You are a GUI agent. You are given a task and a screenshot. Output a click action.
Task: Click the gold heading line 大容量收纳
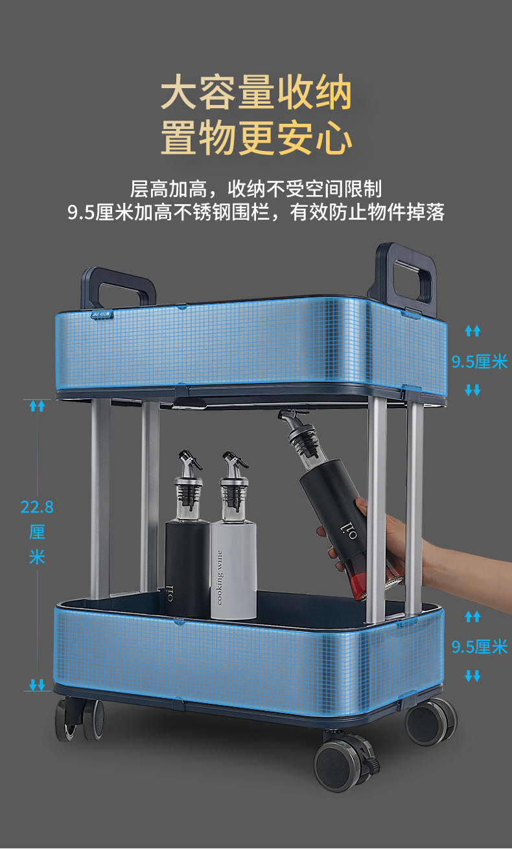256,92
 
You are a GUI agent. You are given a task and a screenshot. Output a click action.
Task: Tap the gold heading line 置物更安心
256,137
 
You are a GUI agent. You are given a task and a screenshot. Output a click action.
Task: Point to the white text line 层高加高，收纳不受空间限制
256,189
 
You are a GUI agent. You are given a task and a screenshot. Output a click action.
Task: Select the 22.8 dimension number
37,507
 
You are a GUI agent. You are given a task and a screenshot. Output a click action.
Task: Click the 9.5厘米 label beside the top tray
480,362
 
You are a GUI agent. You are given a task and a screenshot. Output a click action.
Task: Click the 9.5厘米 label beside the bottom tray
480,647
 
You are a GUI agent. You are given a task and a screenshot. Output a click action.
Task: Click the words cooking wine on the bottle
220,578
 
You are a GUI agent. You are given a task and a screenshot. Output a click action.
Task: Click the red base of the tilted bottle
358,585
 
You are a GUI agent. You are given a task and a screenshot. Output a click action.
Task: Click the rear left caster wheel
79,720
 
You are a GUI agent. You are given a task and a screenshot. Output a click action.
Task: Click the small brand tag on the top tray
102,314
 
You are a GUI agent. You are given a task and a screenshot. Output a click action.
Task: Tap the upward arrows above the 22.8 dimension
37,406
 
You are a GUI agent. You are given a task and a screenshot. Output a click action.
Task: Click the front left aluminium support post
100,498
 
